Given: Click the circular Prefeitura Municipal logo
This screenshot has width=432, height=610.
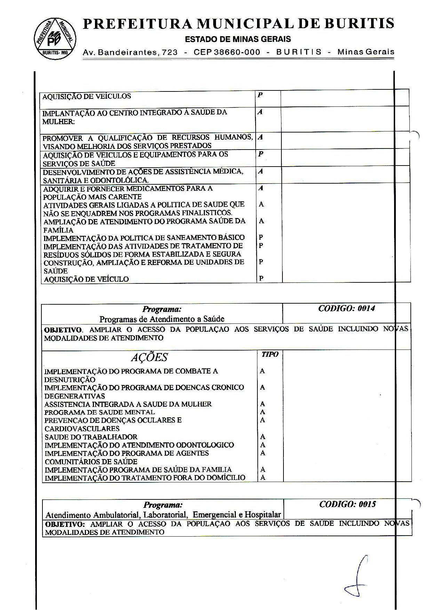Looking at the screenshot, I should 55,38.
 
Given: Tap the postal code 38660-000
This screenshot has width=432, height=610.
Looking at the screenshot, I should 237,52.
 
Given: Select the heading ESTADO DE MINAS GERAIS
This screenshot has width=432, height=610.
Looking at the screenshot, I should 238,39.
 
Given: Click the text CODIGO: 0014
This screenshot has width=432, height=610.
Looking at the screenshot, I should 346,308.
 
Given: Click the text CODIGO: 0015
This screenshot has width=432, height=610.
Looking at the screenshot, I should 347,504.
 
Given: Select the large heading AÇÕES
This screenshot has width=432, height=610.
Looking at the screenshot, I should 149,358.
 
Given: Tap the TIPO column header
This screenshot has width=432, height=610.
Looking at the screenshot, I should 270,354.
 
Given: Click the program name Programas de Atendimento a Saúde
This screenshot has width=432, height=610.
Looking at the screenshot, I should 162,319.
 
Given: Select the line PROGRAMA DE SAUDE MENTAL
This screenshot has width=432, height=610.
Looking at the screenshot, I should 99,412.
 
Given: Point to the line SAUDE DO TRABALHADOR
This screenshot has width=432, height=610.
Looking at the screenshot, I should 91,437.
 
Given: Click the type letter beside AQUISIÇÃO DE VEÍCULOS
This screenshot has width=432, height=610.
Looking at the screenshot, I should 260,95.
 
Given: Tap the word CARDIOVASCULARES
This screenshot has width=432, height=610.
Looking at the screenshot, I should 82,428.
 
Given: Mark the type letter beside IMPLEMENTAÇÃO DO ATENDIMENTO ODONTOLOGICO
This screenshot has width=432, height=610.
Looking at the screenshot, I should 263,445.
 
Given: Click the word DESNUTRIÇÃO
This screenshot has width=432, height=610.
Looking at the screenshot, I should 70,379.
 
